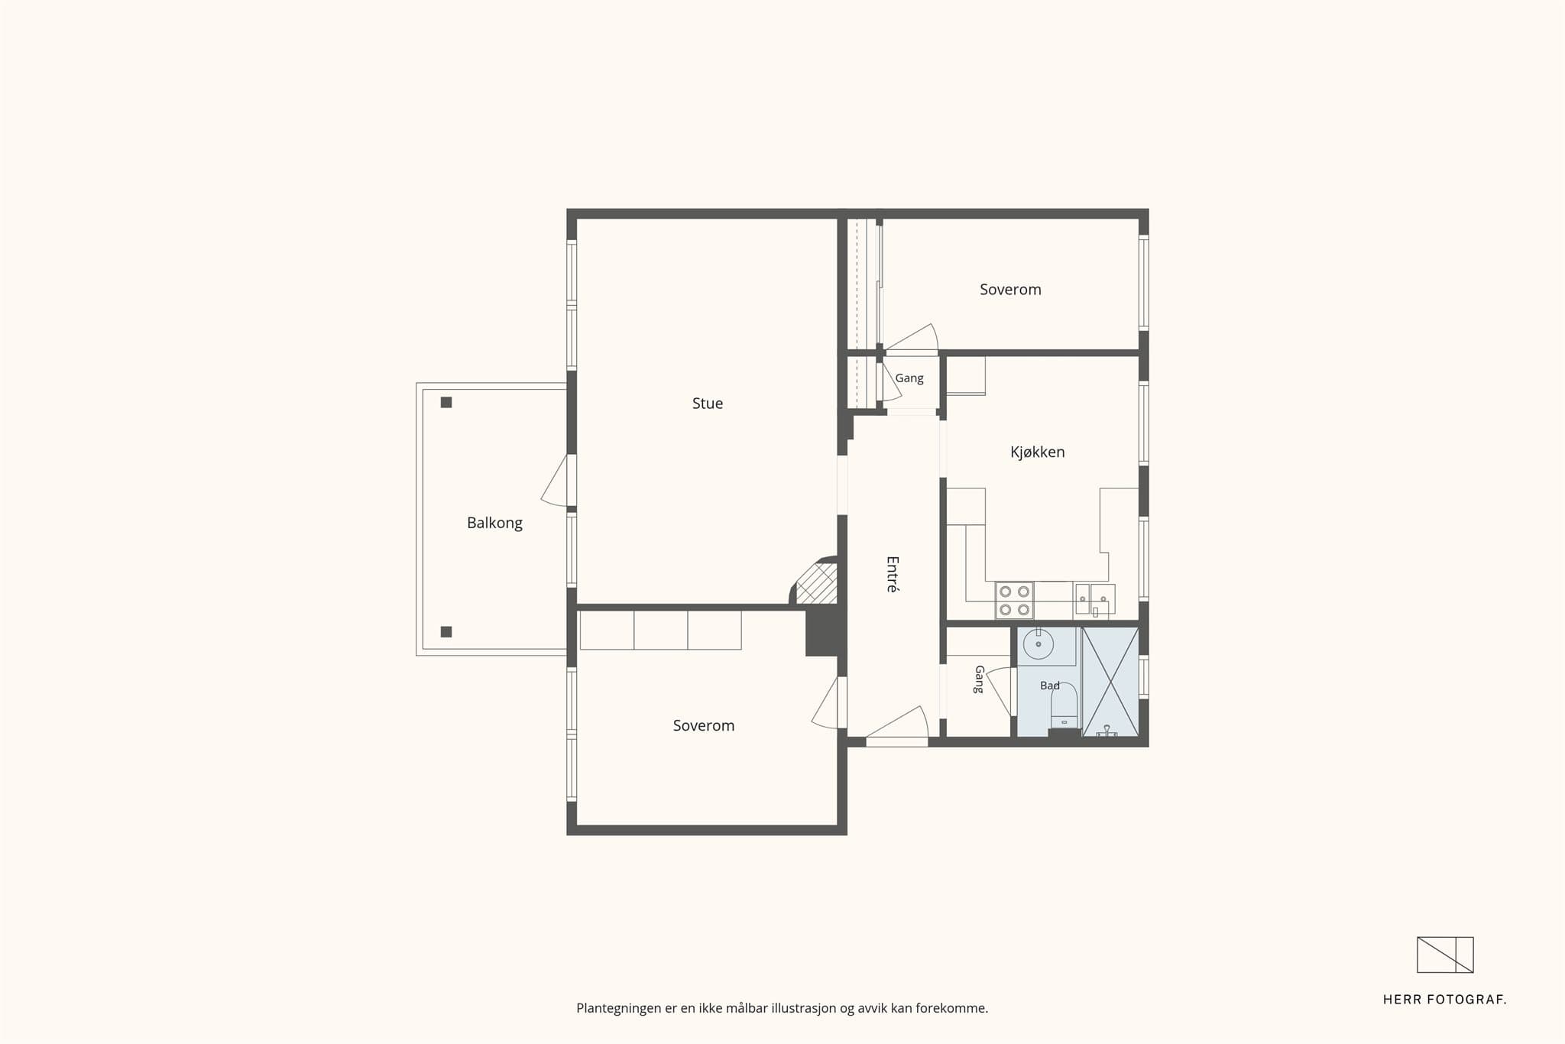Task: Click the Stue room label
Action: click(708, 404)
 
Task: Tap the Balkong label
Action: click(494, 523)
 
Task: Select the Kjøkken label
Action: click(1037, 452)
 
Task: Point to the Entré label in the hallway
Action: click(892, 574)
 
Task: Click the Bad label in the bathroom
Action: click(1050, 686)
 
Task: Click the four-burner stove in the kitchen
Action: click(1014, 601)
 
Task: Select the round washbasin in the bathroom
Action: click(1038, 644)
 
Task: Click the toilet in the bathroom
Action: click(1064, 707)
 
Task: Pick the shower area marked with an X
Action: click(1110, 682)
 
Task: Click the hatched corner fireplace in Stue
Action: click(817, 585)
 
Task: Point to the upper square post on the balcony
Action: click(446, 403)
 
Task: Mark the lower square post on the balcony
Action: click(446, 632)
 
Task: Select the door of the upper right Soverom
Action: click(912, 340)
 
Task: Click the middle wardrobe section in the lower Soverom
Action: click(660, 631)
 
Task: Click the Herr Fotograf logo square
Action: click(1445, 955)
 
